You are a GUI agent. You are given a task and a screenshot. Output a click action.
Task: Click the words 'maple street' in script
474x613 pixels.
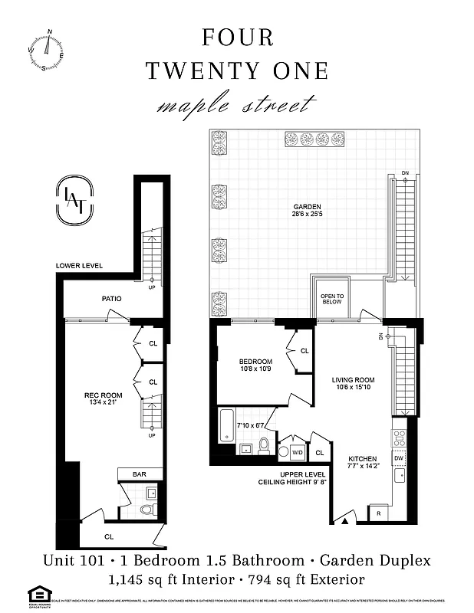[236, 104]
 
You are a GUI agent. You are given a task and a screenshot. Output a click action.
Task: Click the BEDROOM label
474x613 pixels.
[255, 362]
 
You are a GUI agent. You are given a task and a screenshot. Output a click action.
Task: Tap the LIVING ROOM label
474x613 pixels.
[352, 380]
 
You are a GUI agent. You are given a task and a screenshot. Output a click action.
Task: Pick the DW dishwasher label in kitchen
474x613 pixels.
[399, 458]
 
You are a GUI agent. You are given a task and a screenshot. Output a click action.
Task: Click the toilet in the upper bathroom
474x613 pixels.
[263, 445]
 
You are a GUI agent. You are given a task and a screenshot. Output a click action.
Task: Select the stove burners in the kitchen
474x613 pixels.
[399, 438]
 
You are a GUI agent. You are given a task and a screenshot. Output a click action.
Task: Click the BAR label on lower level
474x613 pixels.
[139, 474]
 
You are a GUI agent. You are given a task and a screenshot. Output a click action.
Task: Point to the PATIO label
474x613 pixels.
[113, 299]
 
